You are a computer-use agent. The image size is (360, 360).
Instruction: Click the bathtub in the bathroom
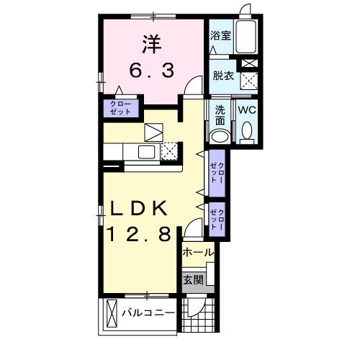247,36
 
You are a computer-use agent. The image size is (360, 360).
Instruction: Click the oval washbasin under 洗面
222,137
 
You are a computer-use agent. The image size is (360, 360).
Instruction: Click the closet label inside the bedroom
120,108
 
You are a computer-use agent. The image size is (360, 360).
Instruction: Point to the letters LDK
140,210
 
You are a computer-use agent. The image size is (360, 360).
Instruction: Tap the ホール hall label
197,253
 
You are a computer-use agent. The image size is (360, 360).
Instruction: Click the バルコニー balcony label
148,315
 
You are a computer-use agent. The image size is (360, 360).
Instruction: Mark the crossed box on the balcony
111,315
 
